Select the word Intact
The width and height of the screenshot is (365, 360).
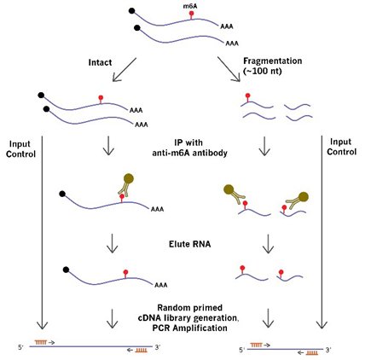point(100,62)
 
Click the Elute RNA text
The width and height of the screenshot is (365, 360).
point(190,244)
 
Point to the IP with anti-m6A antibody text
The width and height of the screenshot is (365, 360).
point(190,148)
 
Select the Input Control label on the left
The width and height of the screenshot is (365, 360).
point(20,149)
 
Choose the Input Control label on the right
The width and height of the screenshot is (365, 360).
point(341,147)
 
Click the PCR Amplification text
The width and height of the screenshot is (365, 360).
point(190,328)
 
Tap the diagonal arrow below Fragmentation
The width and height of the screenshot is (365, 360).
point(229,69)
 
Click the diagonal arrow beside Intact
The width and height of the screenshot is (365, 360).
point(125,70)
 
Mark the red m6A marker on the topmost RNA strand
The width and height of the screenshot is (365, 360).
point(192,15)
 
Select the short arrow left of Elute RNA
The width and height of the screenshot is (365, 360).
point(112,243)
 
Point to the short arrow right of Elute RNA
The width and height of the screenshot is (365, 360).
point(268,243)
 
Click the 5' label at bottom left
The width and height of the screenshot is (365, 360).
point(21,347)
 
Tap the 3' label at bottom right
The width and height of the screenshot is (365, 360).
point(327,350)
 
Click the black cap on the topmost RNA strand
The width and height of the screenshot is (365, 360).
point(131,11)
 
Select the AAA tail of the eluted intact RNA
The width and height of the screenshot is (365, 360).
point(161,285)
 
